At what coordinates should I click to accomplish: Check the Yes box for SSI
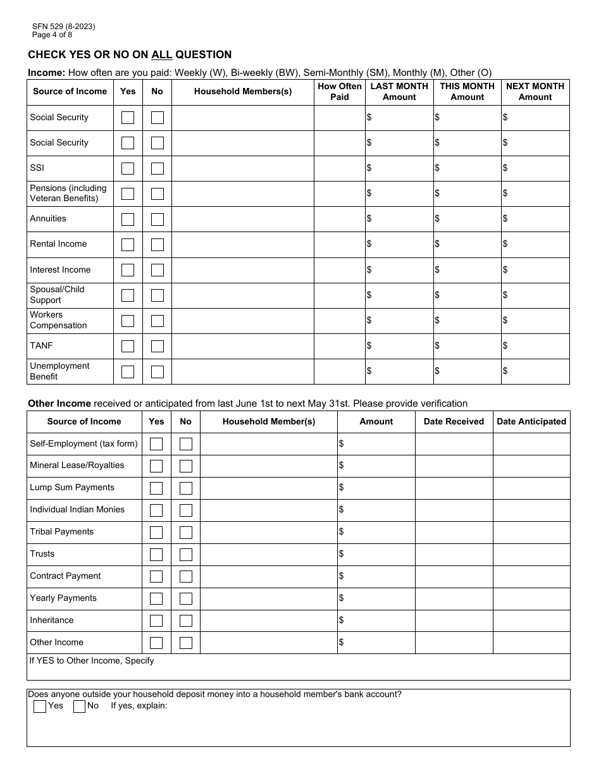point(128,168)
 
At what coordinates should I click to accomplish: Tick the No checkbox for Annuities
point(158,219)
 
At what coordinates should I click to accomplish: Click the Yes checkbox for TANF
point(128,346)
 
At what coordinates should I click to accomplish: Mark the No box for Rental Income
point(158,244)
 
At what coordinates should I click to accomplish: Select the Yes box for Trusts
point(156,554)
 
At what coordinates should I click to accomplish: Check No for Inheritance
point(186,621)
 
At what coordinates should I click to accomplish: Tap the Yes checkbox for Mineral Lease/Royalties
point(156,466)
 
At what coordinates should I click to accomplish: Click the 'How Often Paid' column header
point(340,92)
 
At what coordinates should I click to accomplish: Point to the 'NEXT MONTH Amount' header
point(535,92)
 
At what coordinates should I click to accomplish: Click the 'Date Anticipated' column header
point(531,421)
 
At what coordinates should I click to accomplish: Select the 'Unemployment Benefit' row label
point(59,371)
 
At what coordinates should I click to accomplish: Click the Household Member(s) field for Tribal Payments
point(269,532)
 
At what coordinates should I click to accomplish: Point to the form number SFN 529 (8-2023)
point(64,27)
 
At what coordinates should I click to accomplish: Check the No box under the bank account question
point(80,707)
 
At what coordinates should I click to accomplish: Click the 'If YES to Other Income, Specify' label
point(92,660)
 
